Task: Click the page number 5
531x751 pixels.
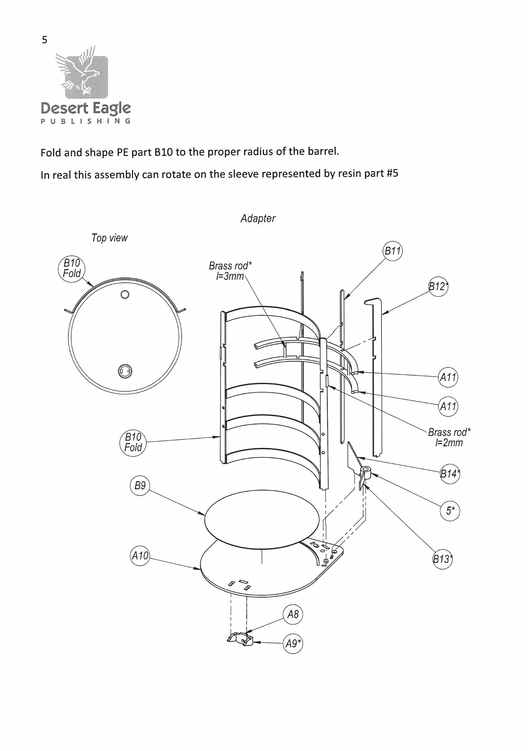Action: (x=45, y=40)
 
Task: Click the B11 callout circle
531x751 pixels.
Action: (x=392, y=251)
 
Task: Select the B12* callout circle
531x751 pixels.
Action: (x=438, y=287)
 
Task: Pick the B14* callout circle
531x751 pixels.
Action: (x=450, y=474)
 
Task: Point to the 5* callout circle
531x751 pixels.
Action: (x=450, y=511)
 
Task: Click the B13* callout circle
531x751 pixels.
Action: (x=443, y=559)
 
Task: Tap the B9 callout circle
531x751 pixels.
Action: (x=140, y=485)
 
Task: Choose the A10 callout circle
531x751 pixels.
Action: (x=140, y=556)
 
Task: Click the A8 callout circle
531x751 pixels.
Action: (x=293, y=614)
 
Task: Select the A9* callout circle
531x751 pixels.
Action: (x=293, y=643)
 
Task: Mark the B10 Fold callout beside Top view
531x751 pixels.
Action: (x=72, y=268)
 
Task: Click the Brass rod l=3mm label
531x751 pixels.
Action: (x=230, y=271)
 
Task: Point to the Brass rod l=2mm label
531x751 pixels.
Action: (x=449, y=437)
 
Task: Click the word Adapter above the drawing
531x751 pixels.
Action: (x=258, y=218)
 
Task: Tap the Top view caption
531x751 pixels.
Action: (x=109, y=238)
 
